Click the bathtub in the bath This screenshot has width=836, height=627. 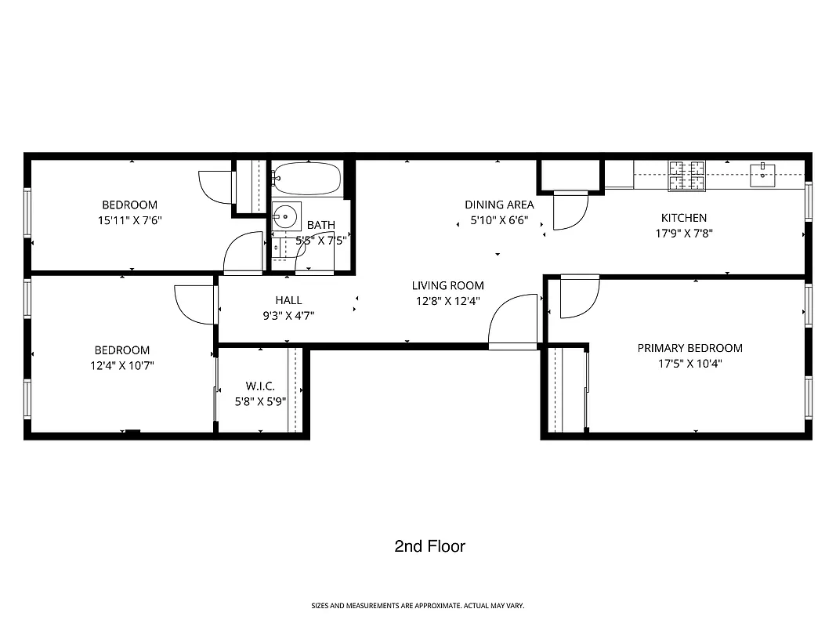[307, 179]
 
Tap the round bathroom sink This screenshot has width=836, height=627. [286, 213]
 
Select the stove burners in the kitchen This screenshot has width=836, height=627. [686, 176]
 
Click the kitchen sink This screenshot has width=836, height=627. [762, 174]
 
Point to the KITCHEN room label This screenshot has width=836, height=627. [683, 218]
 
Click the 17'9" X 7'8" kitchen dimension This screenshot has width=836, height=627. [683, 233]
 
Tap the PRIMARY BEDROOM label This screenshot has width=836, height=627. [689, 348]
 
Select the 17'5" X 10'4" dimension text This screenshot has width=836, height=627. [689, 364]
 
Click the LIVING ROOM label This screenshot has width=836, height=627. [448, 285]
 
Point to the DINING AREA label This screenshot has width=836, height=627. [499, 205]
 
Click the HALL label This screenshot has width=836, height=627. [288, 299]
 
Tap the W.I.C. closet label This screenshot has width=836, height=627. [260, 386]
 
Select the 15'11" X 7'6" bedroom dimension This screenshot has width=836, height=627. [129, 220]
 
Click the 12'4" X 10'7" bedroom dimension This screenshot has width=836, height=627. [121, 364]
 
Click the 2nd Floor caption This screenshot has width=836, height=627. [429, 546]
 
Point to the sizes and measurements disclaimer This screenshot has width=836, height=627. [418, 606]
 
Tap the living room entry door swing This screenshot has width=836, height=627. [510, 321]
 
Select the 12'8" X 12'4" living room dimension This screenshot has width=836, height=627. [448, 300]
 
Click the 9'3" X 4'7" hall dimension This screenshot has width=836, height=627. [288, 314]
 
